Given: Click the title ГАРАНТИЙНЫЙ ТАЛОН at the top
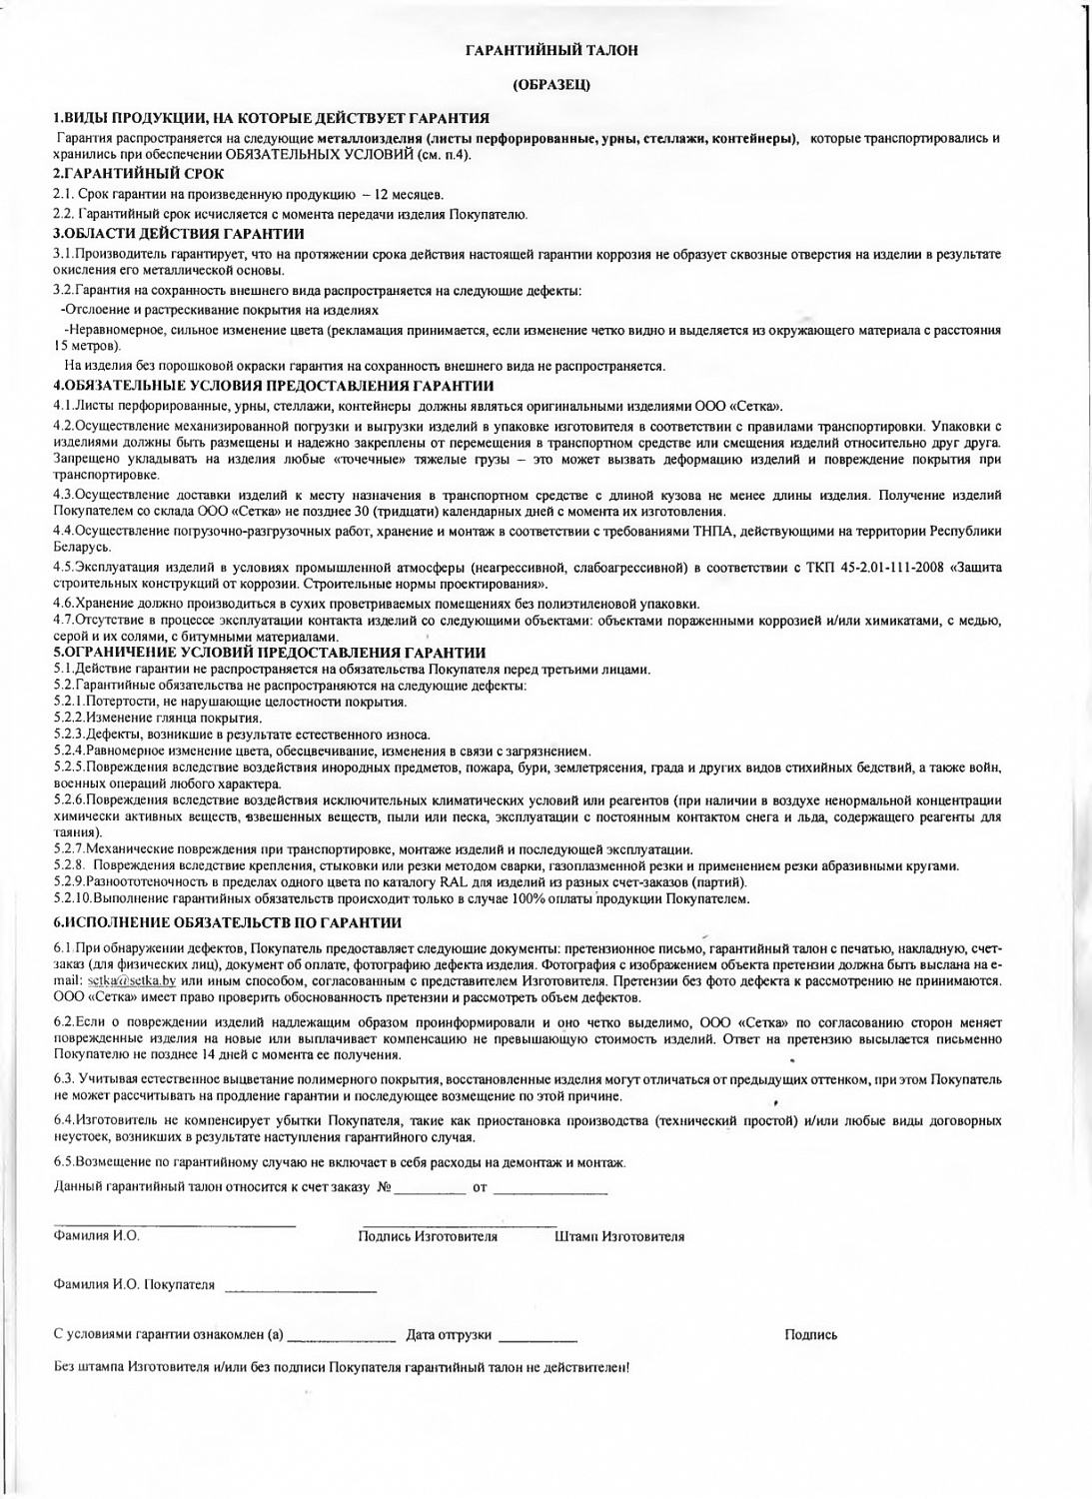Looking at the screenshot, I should point(551,49).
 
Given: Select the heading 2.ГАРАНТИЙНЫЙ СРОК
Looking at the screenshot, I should point(138,174).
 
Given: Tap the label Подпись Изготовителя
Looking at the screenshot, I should point(428,1237).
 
